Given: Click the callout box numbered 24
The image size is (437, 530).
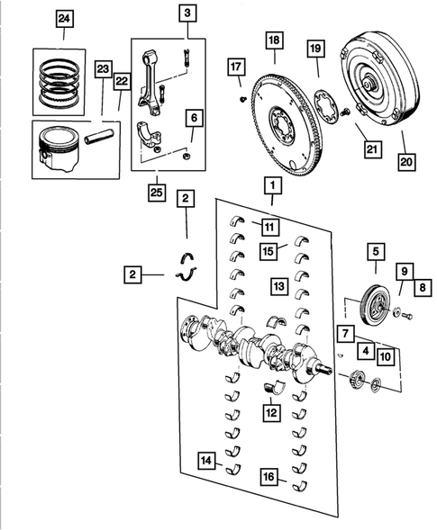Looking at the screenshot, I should (x=62, y=18).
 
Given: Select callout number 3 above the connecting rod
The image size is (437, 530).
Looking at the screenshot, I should (x=187, y=13).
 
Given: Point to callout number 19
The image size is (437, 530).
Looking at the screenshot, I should (x=315, y=49).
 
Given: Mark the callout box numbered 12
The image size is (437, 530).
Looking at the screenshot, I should (x=270, y=413).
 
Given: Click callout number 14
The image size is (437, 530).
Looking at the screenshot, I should (x=208, y=462).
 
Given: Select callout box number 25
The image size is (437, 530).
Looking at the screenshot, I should (x=158, y=191).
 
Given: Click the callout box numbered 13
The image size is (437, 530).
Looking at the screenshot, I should (x=279, y=286).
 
